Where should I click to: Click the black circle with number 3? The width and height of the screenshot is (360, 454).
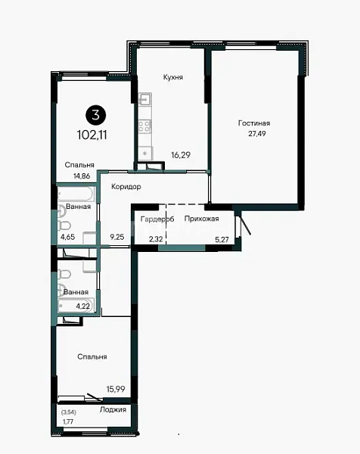point(95,115)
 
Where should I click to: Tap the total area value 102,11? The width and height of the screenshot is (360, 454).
point(92,135)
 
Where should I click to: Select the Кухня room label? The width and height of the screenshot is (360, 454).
point(173,77)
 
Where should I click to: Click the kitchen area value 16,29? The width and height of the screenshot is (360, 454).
point(181,155)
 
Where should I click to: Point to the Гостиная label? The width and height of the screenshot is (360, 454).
point(254,123)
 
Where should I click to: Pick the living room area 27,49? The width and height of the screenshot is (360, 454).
point(257,133)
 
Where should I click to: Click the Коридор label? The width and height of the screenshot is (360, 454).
point(126,187)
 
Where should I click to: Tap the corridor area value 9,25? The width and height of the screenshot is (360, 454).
point(117,237)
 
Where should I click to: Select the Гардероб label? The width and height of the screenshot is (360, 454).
point(157,219)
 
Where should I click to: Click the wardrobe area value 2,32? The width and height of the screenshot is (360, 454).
point(156,239)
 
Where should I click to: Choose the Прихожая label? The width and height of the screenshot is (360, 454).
point(201,219)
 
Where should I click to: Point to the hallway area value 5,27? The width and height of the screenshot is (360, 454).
point(222,239)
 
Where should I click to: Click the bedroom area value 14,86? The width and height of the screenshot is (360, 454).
point(82,176)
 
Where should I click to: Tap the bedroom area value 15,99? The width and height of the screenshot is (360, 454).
point(116,389)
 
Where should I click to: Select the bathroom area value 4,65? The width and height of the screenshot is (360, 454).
point(68,237)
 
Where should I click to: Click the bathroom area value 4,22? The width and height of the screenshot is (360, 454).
point(82,306)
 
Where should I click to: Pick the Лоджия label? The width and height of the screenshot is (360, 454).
point(113,409)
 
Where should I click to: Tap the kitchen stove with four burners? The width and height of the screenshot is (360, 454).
point(144,126)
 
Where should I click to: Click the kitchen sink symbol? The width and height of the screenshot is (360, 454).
point(144,99)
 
